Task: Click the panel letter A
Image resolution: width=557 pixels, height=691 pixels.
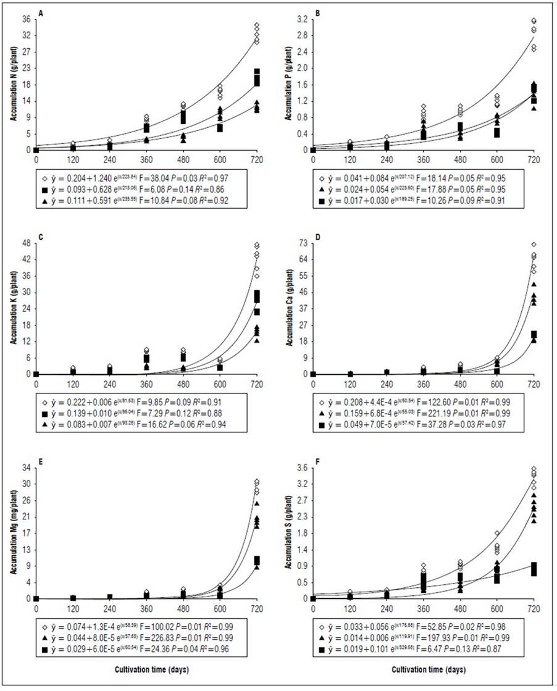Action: (41, 13)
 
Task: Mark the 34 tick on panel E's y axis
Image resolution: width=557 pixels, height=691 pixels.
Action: (26, 467)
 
